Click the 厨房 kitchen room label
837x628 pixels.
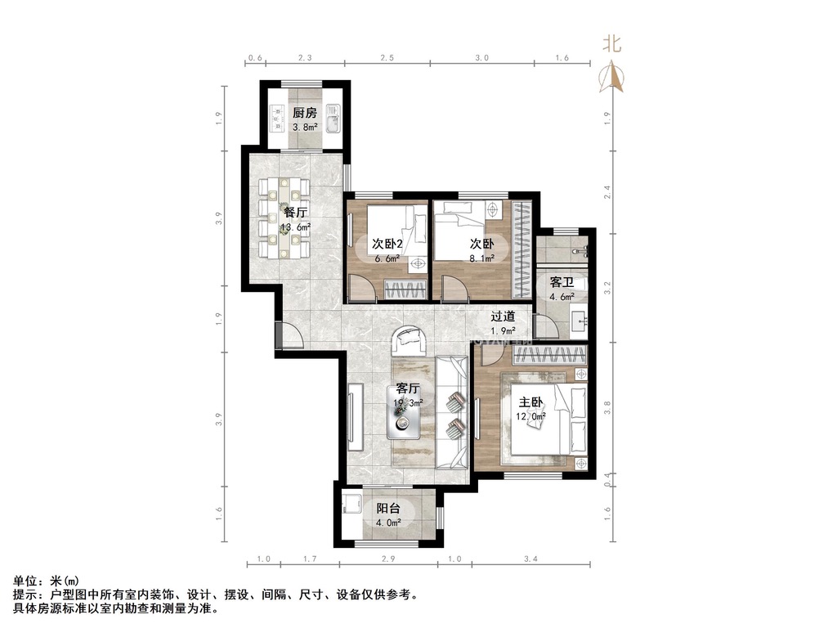pos(305,113)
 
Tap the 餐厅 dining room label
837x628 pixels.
pos(295,213)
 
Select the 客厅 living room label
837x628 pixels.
pos(408,388)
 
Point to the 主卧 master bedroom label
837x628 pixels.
pos(530,402)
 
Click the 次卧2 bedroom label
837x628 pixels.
pos(387,244)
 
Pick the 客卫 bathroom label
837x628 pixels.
pos(562,282)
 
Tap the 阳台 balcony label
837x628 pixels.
pos(388,509)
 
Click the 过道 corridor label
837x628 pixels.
pos(503,316)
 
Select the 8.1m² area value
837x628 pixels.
pos(482,258)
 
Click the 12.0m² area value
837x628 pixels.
pos(530,416)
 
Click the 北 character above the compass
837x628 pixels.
pos(612,43)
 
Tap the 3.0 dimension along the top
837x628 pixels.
pos(482,58)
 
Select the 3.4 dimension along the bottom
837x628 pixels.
pos(530,559)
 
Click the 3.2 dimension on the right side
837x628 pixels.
pos(606,289)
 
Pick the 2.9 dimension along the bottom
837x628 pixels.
pos(388,559)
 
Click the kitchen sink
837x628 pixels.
pos(333,118)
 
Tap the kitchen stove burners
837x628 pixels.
pos(276,118)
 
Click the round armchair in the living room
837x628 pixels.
pos(409,340)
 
